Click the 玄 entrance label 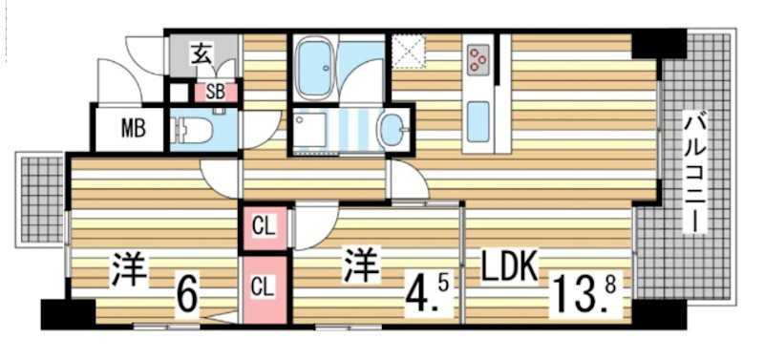tap(202, 54)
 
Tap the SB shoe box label tap(215, 93)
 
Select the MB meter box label tap(133, 128)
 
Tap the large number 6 tap(187, 294)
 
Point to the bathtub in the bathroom tap(316, 68)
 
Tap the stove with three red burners tap(477, 60)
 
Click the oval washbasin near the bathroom tap(393, 130)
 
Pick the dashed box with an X tap(410, 53)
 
